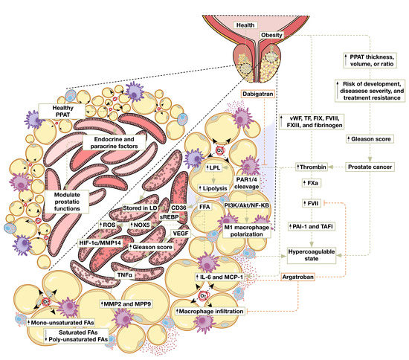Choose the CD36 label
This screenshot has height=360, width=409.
click(178, 199)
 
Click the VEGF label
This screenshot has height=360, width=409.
click(181, 233)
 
